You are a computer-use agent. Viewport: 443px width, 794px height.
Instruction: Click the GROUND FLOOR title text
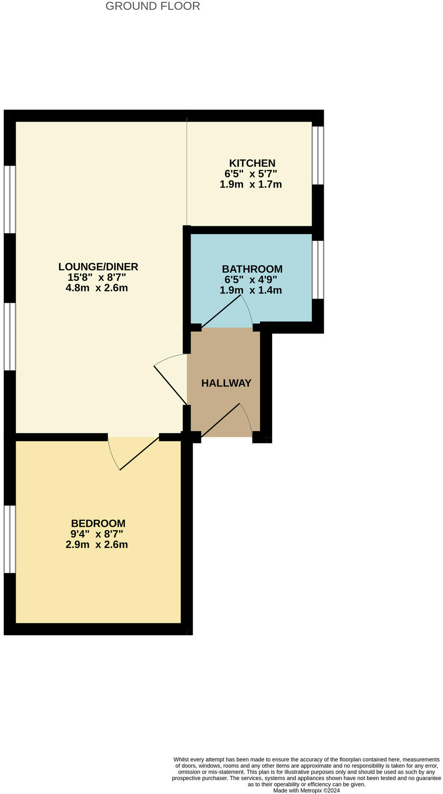tap(153, 6)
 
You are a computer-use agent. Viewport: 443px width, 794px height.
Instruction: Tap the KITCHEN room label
tap(252, 163)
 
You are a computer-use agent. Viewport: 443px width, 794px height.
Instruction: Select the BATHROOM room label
tap(252, 269)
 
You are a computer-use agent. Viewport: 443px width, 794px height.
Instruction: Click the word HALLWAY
tap(226, 383)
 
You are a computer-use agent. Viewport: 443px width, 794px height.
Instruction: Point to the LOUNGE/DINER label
tap(98, 267)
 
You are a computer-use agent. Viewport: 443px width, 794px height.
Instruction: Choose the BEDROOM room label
tap(98, 524)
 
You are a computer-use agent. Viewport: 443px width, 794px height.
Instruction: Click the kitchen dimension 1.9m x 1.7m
tap(251, 185)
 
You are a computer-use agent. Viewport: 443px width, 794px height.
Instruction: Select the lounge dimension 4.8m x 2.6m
tap(97, 288)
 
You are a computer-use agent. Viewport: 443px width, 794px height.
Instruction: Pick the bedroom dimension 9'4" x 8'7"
tap(97, 534)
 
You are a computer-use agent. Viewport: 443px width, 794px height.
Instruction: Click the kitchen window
tap(318, 155)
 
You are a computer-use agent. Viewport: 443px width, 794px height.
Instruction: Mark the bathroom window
tap(318, 269)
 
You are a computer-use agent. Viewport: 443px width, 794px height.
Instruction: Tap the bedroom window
tap(10, 539)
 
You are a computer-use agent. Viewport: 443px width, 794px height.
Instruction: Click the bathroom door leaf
tap(222, 311)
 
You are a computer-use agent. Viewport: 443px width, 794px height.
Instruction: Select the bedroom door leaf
tap(140, 453)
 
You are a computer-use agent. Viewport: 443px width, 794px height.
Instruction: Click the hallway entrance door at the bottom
tap(221, 420)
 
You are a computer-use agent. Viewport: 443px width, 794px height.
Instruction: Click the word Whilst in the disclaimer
tap(182, 759)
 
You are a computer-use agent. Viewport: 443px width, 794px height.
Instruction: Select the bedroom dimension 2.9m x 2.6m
tap(97, 545)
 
